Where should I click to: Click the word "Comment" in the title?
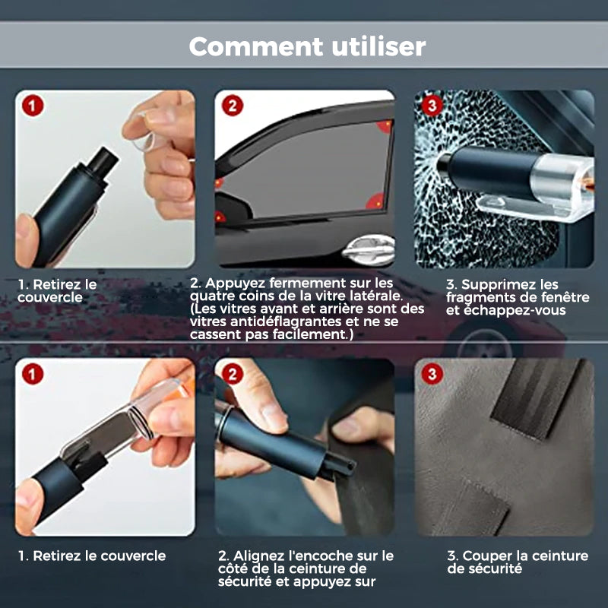click(256, 46)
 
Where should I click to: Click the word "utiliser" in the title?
click(378, 46)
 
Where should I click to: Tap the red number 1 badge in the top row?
click(33, 106)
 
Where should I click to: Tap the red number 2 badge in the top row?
click(233, 106)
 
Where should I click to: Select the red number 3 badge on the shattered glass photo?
click(432, 106)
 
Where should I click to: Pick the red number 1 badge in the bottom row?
click(33, 374)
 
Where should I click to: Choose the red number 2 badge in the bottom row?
click(233, 374)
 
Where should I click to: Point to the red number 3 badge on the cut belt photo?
click(432, 374)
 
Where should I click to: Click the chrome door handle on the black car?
click(369, 249)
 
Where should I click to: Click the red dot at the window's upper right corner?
click(385, 126)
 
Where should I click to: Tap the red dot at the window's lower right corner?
click(375, 201)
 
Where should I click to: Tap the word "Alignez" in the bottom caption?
click(259, 556)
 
